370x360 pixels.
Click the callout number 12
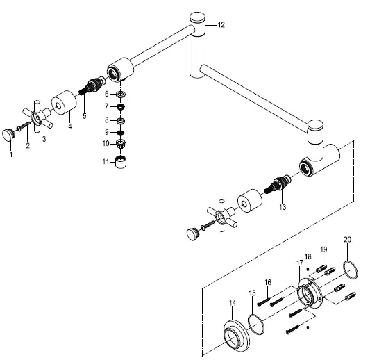221,25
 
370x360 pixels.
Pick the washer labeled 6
121,93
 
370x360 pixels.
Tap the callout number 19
323,249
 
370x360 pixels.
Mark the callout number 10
106,144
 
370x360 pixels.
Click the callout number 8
107,119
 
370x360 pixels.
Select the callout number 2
28,145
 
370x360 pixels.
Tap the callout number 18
308,257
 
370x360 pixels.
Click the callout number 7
107,106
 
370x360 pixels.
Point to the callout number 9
107,131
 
